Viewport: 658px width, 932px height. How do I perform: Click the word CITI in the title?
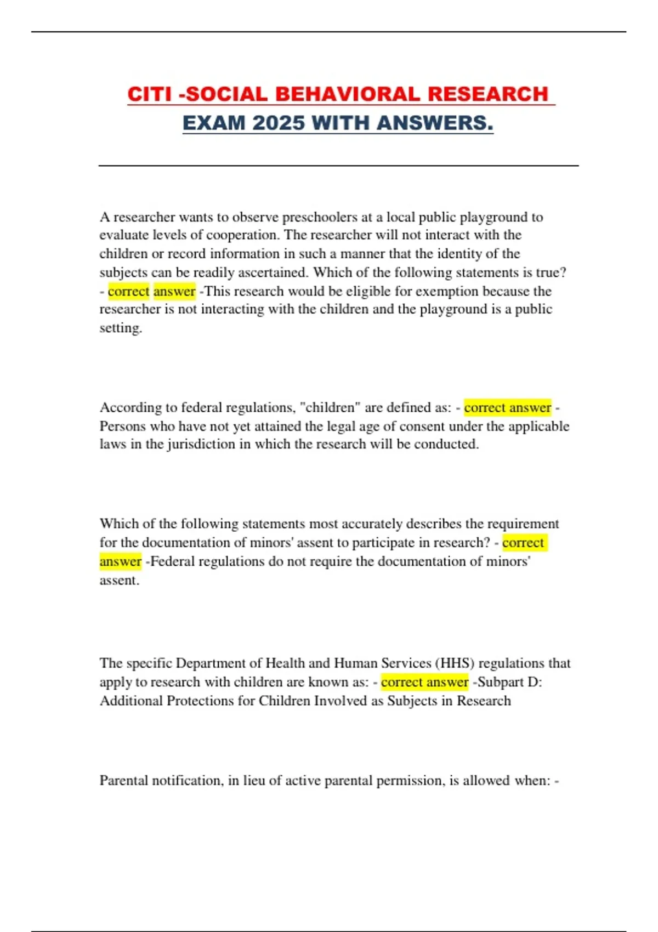[x=150, y=94]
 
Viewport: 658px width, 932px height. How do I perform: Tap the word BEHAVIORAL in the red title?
[x=347, y=94]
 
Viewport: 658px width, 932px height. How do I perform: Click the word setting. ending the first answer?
[x=121, y=328]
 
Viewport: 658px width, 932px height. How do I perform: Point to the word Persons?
[x=123, y=426]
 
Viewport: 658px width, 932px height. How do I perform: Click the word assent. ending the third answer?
[x=119, y=580]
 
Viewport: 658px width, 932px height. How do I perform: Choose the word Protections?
[x=211, y=701]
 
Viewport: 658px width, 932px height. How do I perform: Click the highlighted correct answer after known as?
[x=424, y=682]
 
